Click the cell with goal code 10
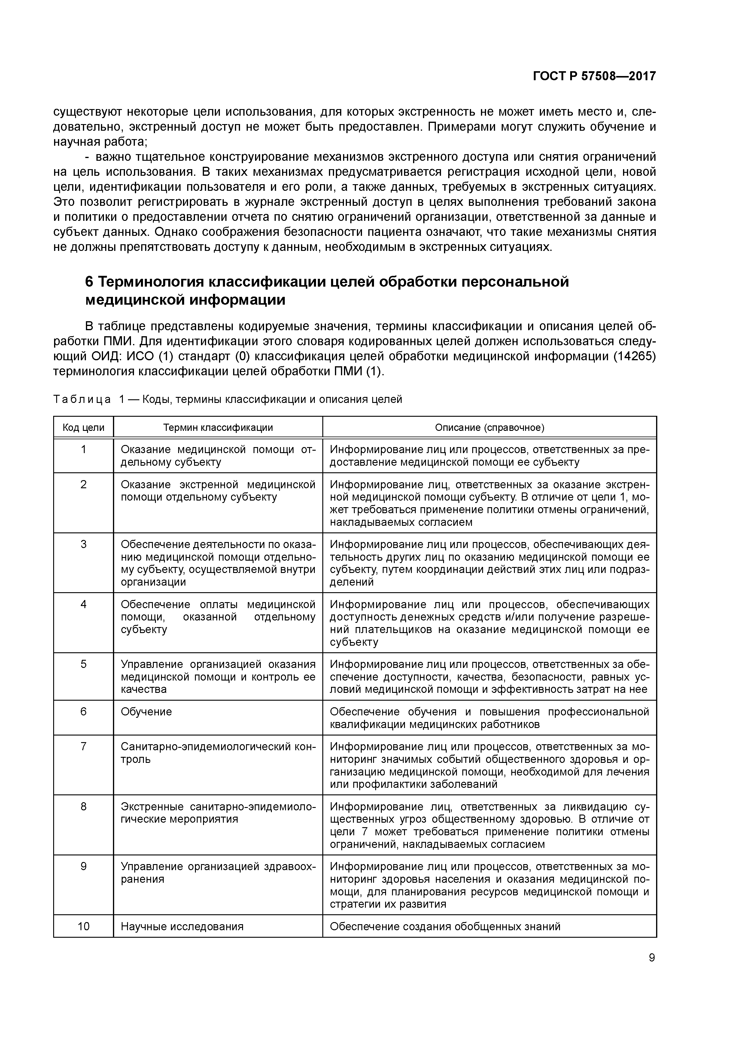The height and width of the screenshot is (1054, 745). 84,926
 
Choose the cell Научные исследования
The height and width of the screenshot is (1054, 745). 182,926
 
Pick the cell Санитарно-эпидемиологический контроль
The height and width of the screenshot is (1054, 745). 218,753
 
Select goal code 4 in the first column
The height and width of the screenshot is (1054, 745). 84,604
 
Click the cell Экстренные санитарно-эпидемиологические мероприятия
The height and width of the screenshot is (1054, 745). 218,813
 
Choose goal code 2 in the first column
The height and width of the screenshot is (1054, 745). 84,484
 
